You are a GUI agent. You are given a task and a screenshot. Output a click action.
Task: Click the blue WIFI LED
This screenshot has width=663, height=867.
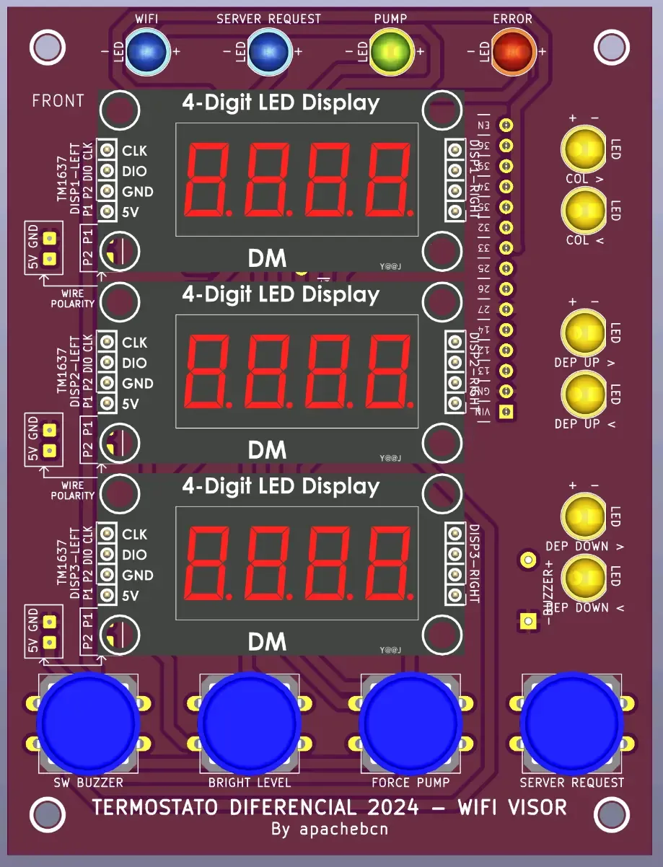click(x=146, y=50)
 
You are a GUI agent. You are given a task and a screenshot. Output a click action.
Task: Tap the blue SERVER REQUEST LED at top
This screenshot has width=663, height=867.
click(x=268, y=50)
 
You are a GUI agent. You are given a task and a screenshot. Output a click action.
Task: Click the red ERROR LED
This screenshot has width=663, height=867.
click(x=513, y=51)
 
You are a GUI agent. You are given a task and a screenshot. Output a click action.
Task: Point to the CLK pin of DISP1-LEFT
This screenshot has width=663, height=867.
click(x=107, y=150)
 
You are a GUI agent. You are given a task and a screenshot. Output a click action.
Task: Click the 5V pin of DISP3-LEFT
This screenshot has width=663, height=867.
click(x=107, y=596)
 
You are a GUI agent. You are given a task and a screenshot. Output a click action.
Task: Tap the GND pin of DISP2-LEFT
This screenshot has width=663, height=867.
click(x=107, y=383)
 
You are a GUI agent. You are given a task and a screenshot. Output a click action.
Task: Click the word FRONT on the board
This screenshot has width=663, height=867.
click(x=58, y=101)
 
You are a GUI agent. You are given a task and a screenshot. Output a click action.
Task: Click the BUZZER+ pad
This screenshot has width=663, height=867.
click(x=528, y=559)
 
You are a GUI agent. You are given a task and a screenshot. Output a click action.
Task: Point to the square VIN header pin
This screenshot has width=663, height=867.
click(x=506, y=411)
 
